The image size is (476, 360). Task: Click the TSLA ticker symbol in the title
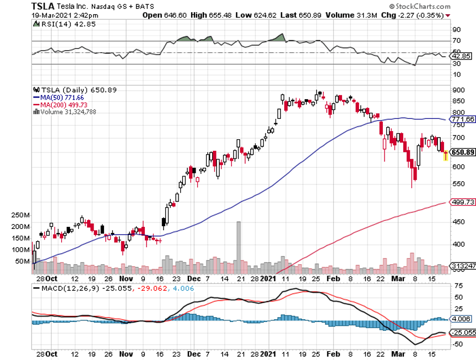[43, 6]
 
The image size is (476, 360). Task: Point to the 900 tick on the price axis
[458, 90]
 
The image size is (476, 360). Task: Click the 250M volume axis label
[20, 215]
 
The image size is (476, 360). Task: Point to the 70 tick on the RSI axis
[456, 41]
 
